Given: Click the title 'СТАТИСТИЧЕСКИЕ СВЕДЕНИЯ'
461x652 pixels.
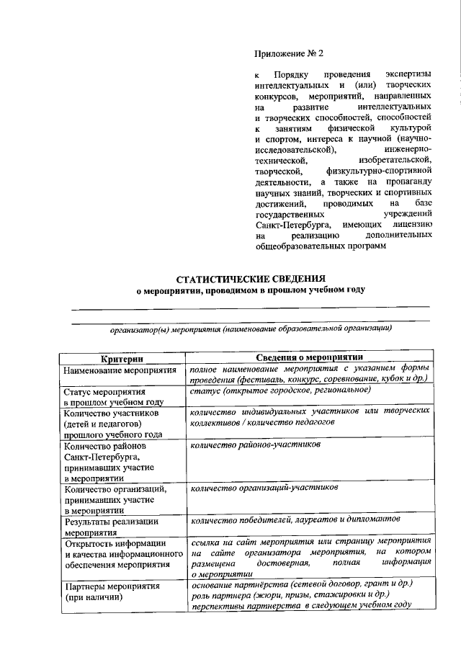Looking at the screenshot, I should coord(251,278).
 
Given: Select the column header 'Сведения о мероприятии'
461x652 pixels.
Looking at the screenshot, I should coord(310,358).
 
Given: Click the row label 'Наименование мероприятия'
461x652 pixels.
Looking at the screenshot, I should coord(120,370).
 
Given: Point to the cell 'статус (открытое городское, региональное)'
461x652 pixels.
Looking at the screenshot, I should coord(280,390).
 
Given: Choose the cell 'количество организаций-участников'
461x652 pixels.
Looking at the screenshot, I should coord(264,488).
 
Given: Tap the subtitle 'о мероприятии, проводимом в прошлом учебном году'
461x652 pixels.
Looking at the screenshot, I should coord(251,290).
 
